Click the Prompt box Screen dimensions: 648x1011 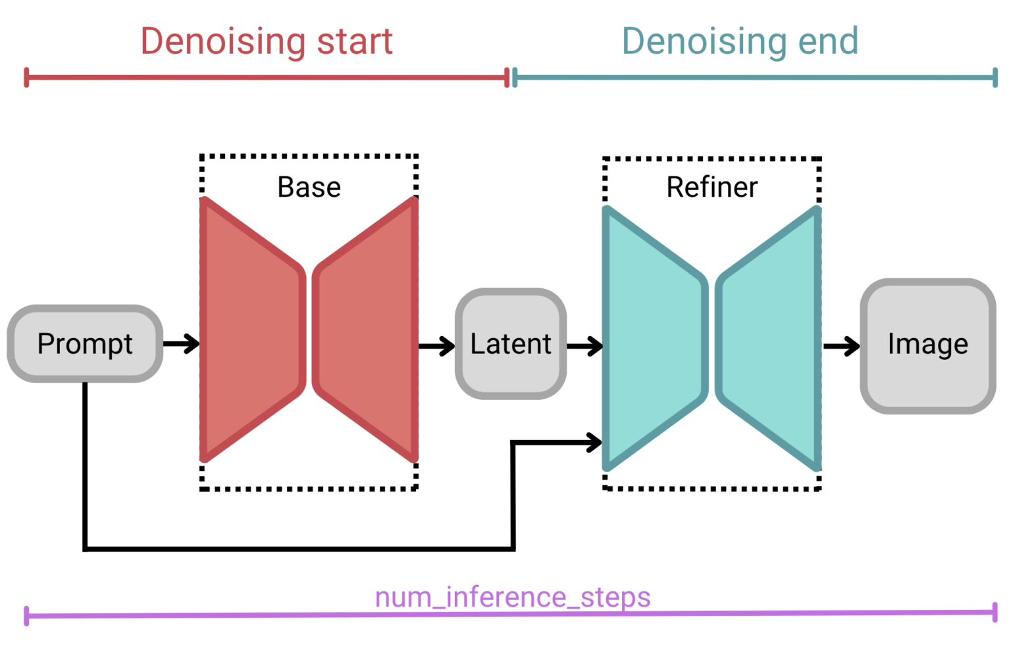point(85,343)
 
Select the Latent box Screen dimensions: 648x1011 point(511,343)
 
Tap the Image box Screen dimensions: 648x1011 point(927,345)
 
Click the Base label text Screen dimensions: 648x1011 point(309,187)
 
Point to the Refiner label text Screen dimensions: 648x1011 point(712,187)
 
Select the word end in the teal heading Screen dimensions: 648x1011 point(828,41)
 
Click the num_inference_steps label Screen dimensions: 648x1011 point(512,597)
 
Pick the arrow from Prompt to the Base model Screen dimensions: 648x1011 point(182,343)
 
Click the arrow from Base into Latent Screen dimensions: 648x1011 point(436,345)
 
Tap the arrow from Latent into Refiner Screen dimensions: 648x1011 point(584,345)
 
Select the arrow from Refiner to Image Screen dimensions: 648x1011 point(841,345)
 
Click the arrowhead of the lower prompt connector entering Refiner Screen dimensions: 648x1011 point(594,442)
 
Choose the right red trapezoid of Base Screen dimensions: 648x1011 point(366,329)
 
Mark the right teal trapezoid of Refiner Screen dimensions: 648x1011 point(769,339)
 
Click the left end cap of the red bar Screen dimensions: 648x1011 point(26,77)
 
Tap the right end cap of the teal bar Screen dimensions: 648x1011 point(995,78)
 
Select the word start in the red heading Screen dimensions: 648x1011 point(355,41)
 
